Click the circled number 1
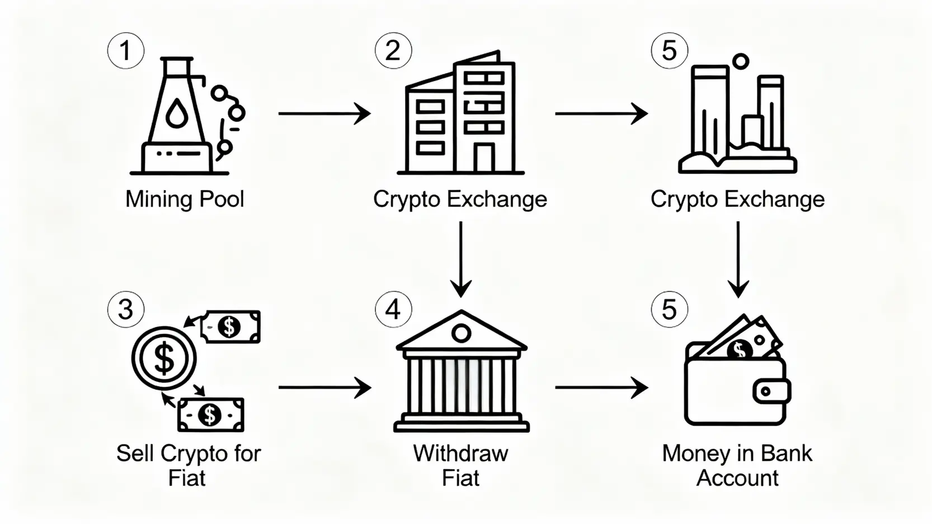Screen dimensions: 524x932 click(126, 51)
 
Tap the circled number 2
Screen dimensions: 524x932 click(393, 51)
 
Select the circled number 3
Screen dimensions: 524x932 click(126, 309)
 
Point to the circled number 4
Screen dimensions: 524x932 click(393, 309)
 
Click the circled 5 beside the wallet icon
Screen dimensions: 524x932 click(670, 309)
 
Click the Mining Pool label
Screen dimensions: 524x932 click(185, 199)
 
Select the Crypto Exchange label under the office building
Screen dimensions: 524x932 click(460, 199)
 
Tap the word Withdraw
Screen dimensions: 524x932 click(460, 453)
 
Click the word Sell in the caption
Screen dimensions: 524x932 click(135, 453)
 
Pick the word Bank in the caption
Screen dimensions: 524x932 click(786, 453)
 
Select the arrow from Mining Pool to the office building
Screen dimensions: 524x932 click(324, 114)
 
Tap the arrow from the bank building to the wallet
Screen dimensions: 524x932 click(601, 388)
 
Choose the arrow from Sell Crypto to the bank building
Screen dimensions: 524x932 click(324, 388)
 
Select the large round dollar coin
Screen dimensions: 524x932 click(164, 358)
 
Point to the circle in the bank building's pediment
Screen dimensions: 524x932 click(461, 334)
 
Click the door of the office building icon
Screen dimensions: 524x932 click(484, 158)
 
